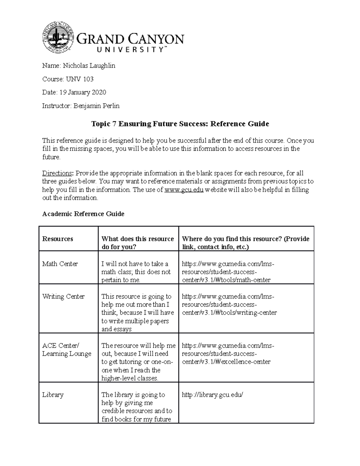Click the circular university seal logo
(58, 38)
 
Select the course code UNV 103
(80, 79)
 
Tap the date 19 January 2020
(83, 92)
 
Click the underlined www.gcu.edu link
(184, 190)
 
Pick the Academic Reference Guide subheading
(83, 214)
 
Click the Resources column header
(58, 239)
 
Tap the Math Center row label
(60, 264)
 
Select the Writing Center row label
(63, 296)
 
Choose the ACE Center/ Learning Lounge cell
(67, 350)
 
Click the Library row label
(53, 395)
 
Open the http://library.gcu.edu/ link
(212, 395)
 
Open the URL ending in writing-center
(229, 305)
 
